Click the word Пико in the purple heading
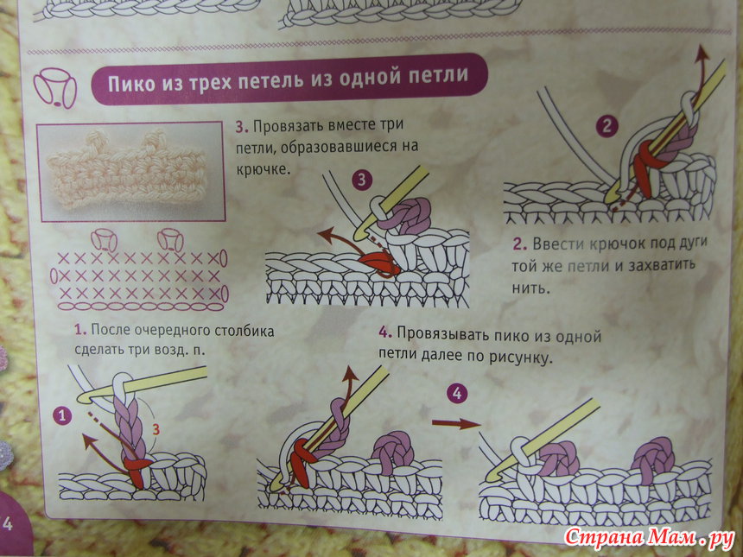131,83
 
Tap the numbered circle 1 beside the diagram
62,416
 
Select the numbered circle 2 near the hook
606,126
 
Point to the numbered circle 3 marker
362,180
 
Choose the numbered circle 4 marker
457,393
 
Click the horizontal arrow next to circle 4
456,423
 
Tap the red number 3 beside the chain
156,429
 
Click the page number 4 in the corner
8,524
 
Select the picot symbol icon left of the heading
54,87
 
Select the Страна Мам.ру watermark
650,538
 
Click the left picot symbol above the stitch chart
105,240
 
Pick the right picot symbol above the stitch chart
170,240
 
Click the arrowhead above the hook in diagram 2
702,54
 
